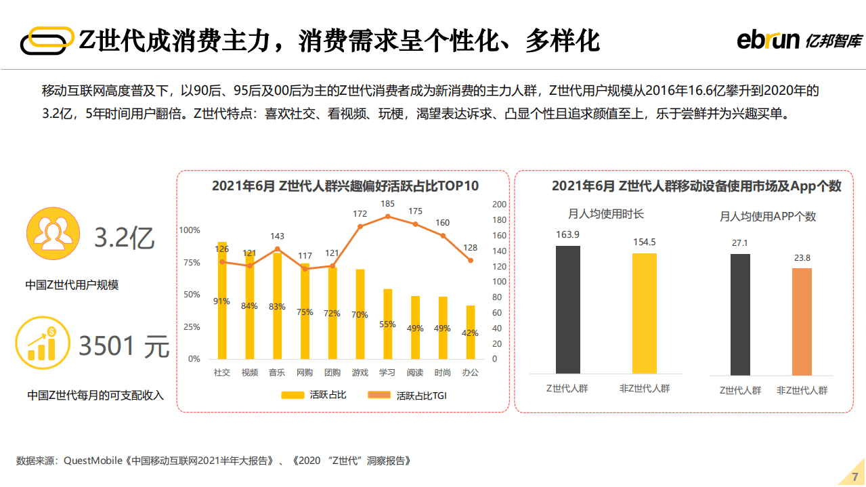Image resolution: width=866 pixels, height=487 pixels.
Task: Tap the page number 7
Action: pos(854,475)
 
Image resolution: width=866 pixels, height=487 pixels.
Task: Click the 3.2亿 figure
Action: pos(125,238)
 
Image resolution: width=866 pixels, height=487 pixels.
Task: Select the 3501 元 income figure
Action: pos(124,346)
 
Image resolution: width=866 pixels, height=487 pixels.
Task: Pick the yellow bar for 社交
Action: pos(222,300)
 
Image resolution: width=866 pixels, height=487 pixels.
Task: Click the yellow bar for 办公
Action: pos(471,332)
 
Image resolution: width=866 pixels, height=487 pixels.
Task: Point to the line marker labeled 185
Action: pos(387,216)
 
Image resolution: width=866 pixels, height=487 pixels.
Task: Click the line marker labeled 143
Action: pos(277,249)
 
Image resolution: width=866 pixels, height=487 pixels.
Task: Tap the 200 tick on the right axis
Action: pos(498,205)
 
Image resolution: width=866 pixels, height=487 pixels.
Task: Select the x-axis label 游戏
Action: pos(360,373)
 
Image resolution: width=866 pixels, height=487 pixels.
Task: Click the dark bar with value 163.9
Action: pos(567,310)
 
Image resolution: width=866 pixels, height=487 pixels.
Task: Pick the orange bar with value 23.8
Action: pos(802,322)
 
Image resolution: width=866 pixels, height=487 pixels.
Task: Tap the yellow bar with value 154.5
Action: pos(644,314)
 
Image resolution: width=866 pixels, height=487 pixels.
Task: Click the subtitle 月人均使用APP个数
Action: pos(767,217)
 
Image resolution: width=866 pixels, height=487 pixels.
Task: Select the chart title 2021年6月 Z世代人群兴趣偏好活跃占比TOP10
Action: pos(345,186)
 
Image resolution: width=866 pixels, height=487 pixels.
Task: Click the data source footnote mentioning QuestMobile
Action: pos(213,461)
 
